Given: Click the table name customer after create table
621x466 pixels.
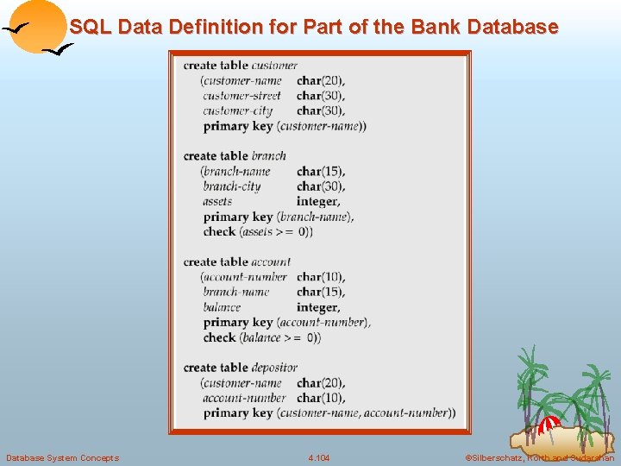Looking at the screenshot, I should [x=274, y=66].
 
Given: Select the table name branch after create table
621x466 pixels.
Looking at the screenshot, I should [x=269, y=156].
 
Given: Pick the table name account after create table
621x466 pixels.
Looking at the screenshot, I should [x=272, y=261].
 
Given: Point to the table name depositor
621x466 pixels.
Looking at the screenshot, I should [x=274, y=368].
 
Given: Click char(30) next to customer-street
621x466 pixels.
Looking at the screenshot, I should [x=321, y=96].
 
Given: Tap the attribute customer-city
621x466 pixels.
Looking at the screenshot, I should [x=238, y=110].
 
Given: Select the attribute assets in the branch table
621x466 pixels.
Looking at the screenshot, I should [x=218, y=201].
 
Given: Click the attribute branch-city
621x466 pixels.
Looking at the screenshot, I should [x=232, y=186].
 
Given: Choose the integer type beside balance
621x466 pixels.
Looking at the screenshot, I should [x=318, y=307].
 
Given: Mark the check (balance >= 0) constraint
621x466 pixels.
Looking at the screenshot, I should [x=262, y=337].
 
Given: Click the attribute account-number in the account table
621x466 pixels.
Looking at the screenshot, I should [x=245, y=277].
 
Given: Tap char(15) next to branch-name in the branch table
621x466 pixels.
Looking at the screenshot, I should [x=321, y=171].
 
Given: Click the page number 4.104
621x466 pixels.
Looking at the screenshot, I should [x=318, y=457].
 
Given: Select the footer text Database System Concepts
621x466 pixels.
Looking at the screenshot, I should [x=62, y=457].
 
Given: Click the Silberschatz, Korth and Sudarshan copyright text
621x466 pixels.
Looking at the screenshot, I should [x=539, y=457].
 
